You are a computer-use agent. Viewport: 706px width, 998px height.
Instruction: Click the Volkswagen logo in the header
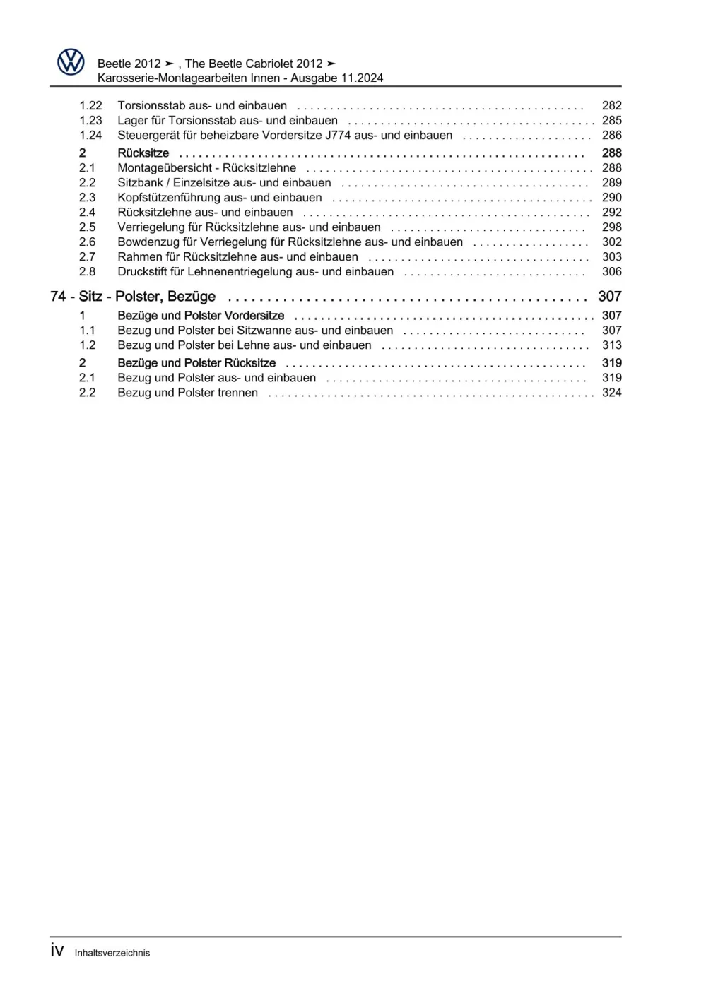pos(71,62)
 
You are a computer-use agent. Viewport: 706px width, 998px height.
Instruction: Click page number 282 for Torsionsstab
pos(611,105)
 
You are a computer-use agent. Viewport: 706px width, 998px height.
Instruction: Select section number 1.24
pos(90,135)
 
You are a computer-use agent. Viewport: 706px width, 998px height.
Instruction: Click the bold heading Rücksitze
pos(143,153)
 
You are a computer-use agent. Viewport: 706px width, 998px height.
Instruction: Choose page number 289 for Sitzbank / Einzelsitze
pos(611,182)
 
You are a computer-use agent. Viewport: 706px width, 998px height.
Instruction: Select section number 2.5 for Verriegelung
pos(87,227)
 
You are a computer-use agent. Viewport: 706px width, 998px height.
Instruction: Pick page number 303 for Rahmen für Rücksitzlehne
pos(611,256)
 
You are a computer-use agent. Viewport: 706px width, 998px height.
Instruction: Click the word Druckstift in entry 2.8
pos(142,271)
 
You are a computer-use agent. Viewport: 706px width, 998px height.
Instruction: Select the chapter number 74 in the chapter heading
pos(58,297)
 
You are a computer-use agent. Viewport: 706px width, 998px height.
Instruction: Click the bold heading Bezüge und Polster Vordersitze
pos(201,316)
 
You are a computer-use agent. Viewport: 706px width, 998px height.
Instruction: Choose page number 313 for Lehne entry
pos(611,345)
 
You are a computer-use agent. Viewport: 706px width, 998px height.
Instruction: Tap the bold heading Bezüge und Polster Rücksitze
pos(196,363)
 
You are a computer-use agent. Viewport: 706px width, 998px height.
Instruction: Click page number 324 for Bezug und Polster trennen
pos(611,392)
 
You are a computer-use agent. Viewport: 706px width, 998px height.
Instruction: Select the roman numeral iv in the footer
pos(57,950)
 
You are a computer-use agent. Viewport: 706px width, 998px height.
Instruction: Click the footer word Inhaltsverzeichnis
pos(112,953)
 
